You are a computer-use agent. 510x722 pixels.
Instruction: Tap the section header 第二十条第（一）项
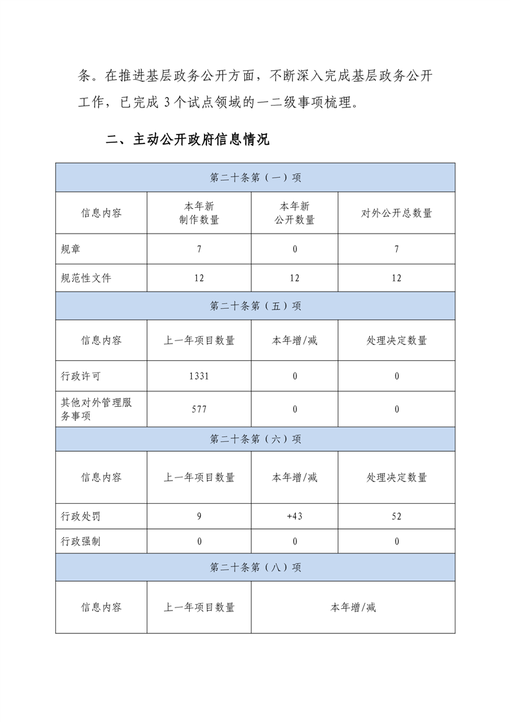click(x=255, y=178)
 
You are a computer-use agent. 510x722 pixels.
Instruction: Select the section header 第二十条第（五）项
click(x=255, y=306)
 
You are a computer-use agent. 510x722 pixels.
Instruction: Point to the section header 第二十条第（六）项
click(x=255, y=439)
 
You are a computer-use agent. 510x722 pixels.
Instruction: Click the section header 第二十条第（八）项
click(x=255, y=568)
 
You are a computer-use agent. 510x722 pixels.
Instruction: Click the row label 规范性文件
click(x=86, y=278)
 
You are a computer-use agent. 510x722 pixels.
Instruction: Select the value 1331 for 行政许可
click(x=199, y=376)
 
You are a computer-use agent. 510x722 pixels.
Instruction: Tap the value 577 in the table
click(x=199, y=409)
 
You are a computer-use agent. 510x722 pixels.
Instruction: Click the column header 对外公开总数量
click(x=396, y=213)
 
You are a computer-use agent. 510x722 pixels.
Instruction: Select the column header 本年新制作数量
click(x=199, y=213)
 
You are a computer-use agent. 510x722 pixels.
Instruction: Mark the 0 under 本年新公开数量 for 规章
click(x=295, y=249)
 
